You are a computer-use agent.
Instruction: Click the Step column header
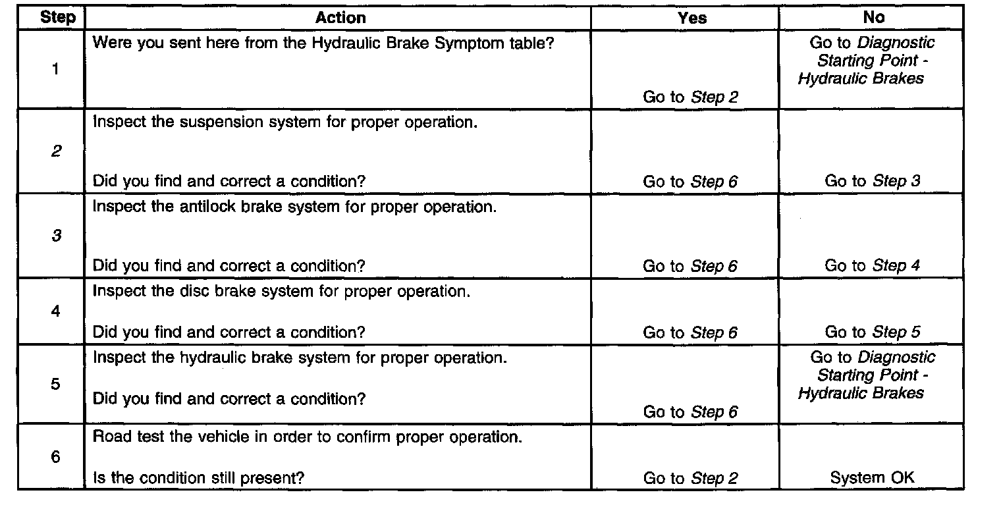(x=58, y=18)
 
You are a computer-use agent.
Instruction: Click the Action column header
(x=340, y=18)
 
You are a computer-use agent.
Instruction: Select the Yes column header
(x=691, y=18)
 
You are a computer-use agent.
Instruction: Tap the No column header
(x=873, y=18)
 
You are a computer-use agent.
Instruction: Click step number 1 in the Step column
(x=55, y=70)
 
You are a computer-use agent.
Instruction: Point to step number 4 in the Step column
(x=55, y=311)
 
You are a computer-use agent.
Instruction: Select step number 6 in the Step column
(x=55, y=457)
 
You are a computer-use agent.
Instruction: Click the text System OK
(x=873, y=478)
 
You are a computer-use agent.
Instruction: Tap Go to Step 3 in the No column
(x=873, y=181)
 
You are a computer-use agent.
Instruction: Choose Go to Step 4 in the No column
(x=873, y=266)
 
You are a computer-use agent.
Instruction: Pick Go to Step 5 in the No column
(x=873, y=333)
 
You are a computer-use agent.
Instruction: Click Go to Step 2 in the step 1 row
(x=690, y=97)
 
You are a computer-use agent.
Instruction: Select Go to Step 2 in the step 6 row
(x=690, y=479)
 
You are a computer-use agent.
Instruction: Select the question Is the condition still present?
(x=198, y=478)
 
